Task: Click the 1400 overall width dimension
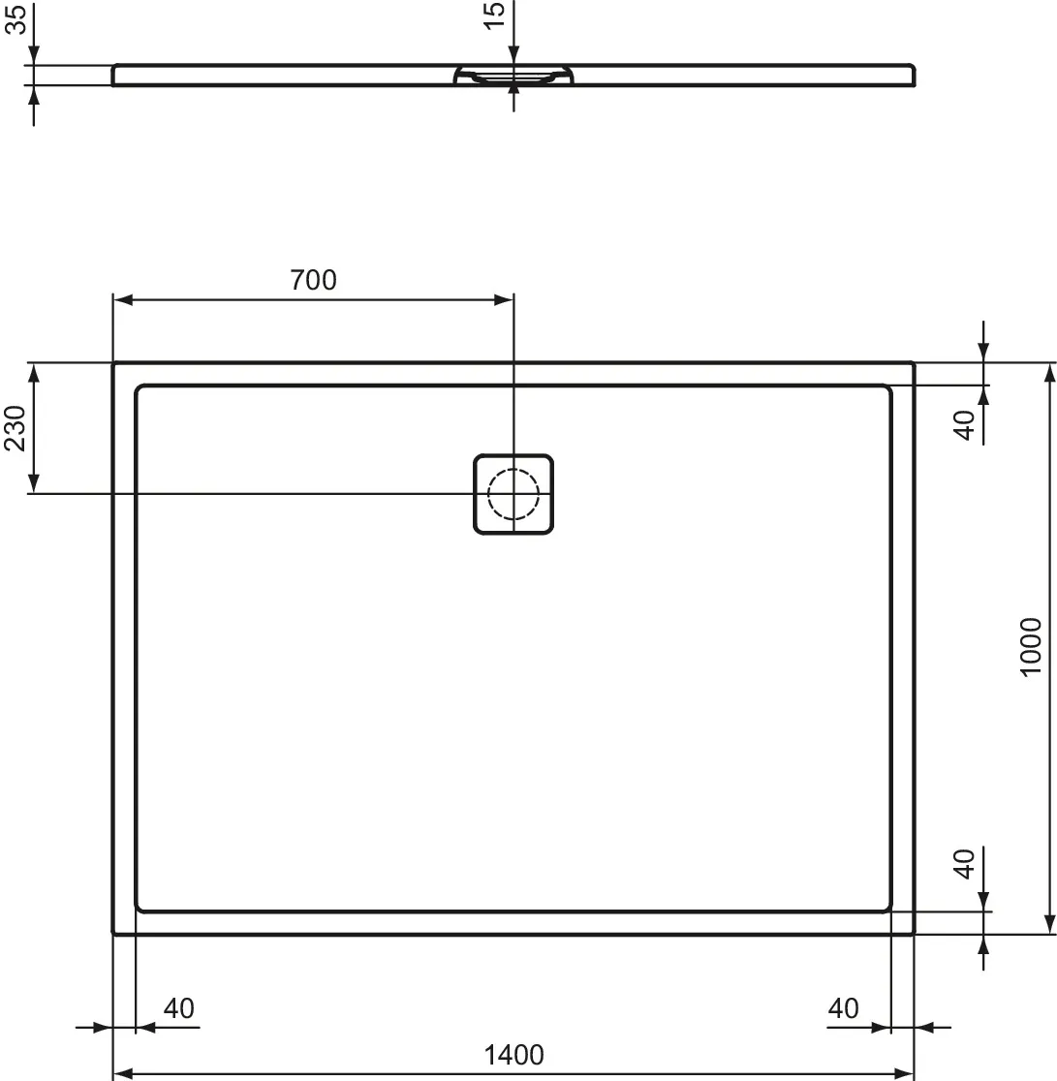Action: click(x=514, y=1055)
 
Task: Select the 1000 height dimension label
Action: click(x=1031, y=647)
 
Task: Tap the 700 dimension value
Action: click(x=313, y=280)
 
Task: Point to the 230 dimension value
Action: click(x=16, y=428)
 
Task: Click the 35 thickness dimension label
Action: click(x=16, y=18)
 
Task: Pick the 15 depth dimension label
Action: click(x=494, y=15)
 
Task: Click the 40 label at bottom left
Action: click(x=178, y=1008)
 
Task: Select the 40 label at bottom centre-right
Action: click(x=843, y=1008)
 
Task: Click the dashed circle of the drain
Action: click(x=513, y=494)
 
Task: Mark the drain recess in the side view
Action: click(x=513, y=77)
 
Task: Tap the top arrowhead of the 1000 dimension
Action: click(x=1048, y=372)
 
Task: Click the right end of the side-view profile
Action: click(x=912, y=76)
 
